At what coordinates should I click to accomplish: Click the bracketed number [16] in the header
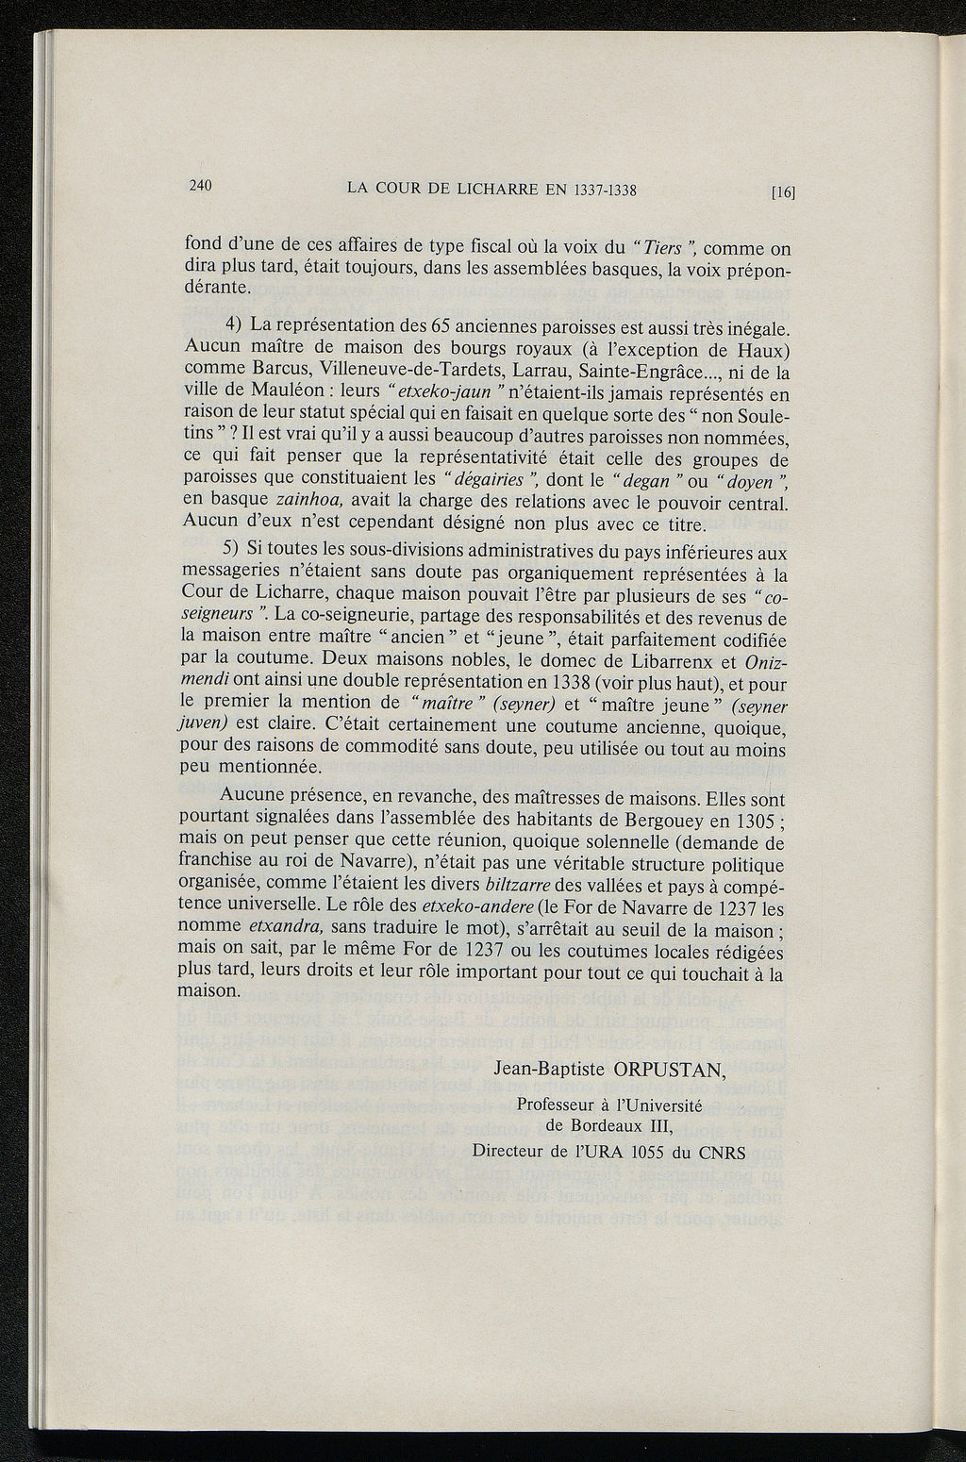tap(784, 192)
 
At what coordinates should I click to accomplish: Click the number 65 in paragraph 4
tap(440, 328)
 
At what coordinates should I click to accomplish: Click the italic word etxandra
tap(287, 927)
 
